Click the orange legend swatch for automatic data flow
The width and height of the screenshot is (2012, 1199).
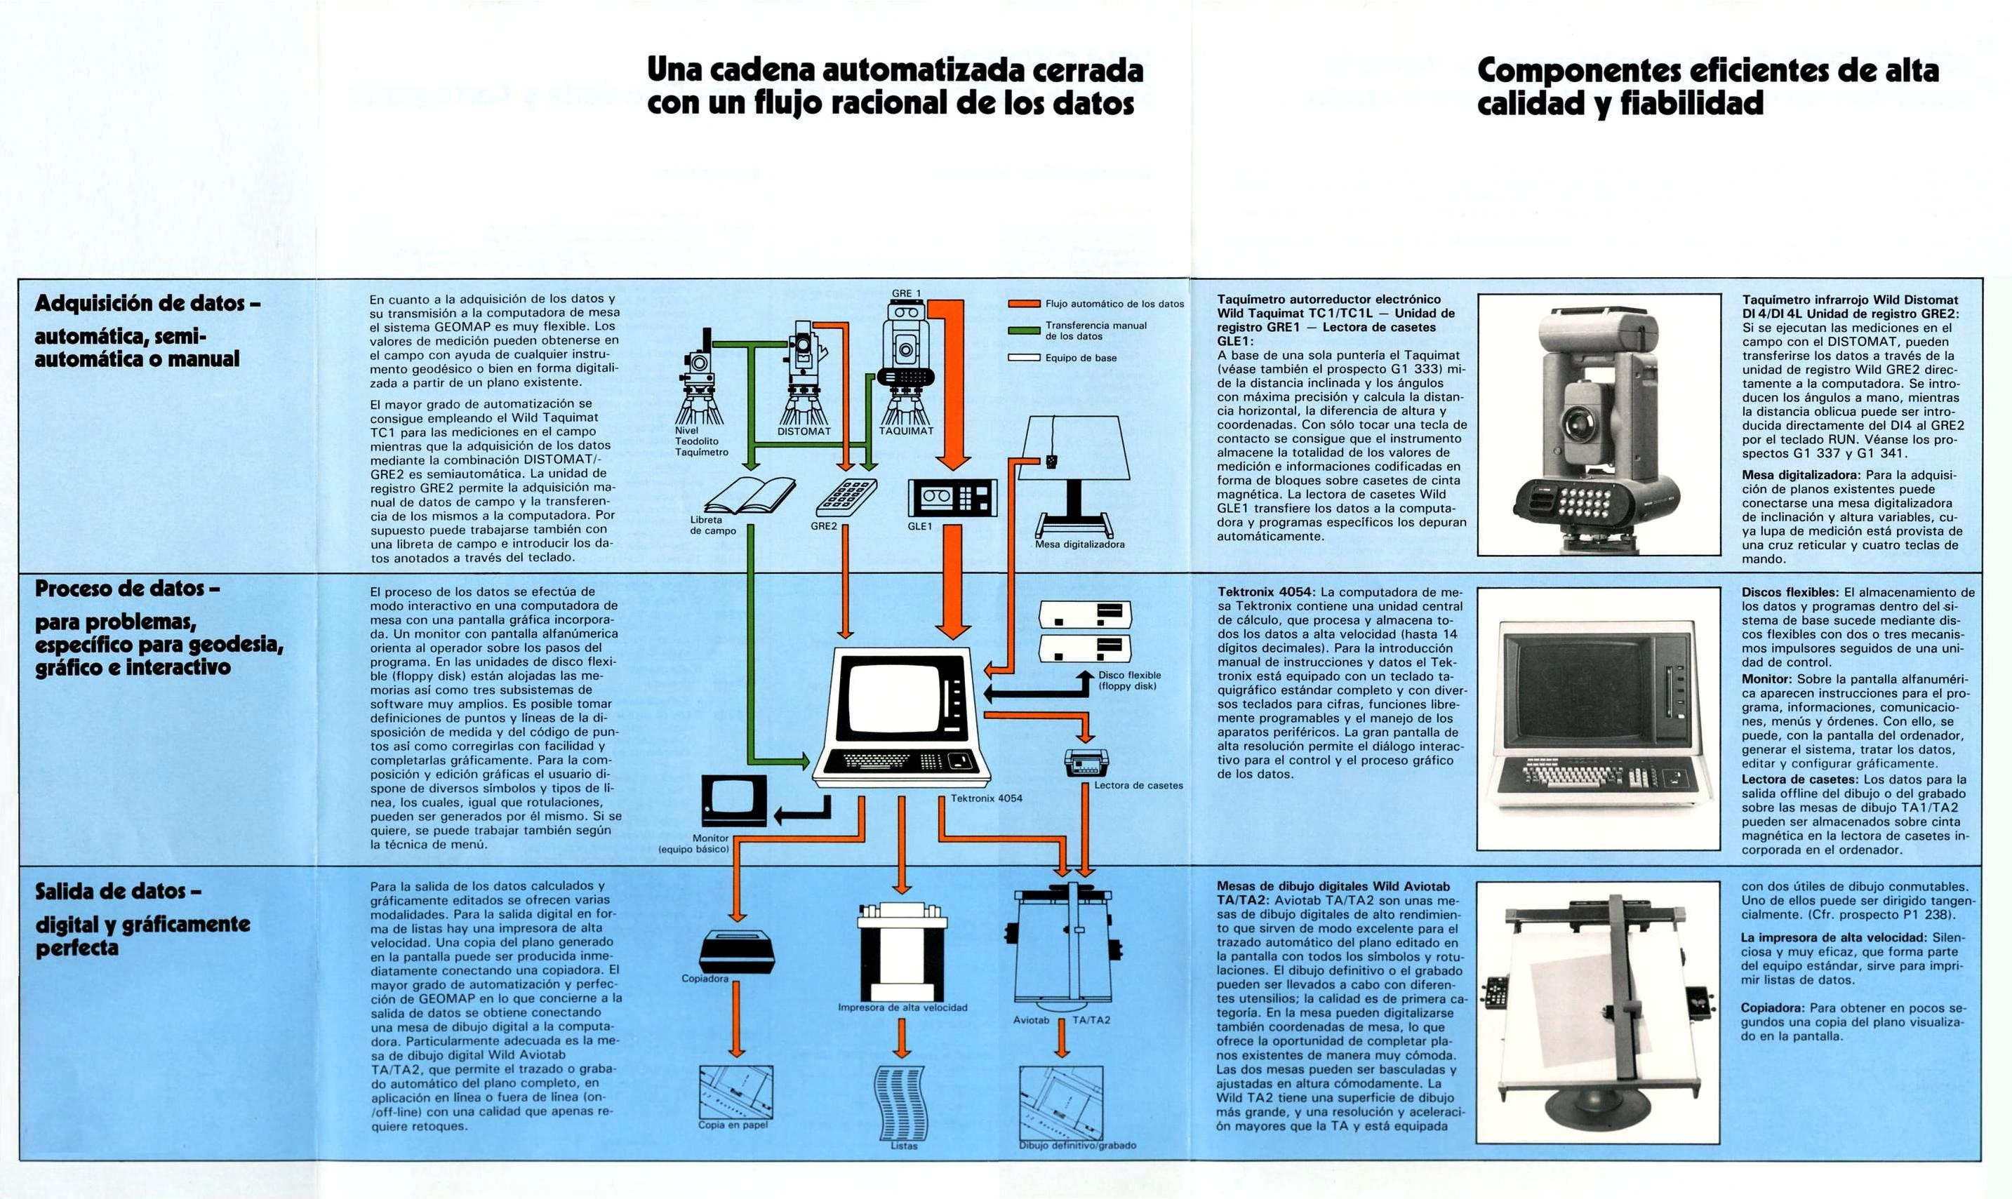pos(1023,304)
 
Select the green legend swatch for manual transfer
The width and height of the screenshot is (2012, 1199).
pos(1023,330)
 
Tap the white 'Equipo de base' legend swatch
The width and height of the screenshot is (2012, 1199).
pos(1023,357)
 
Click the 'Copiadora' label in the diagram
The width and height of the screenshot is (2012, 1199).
pos(705,979)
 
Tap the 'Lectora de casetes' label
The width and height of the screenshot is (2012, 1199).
pos(1138,785)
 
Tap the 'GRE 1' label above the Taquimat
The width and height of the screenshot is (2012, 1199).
pos(907,293)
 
